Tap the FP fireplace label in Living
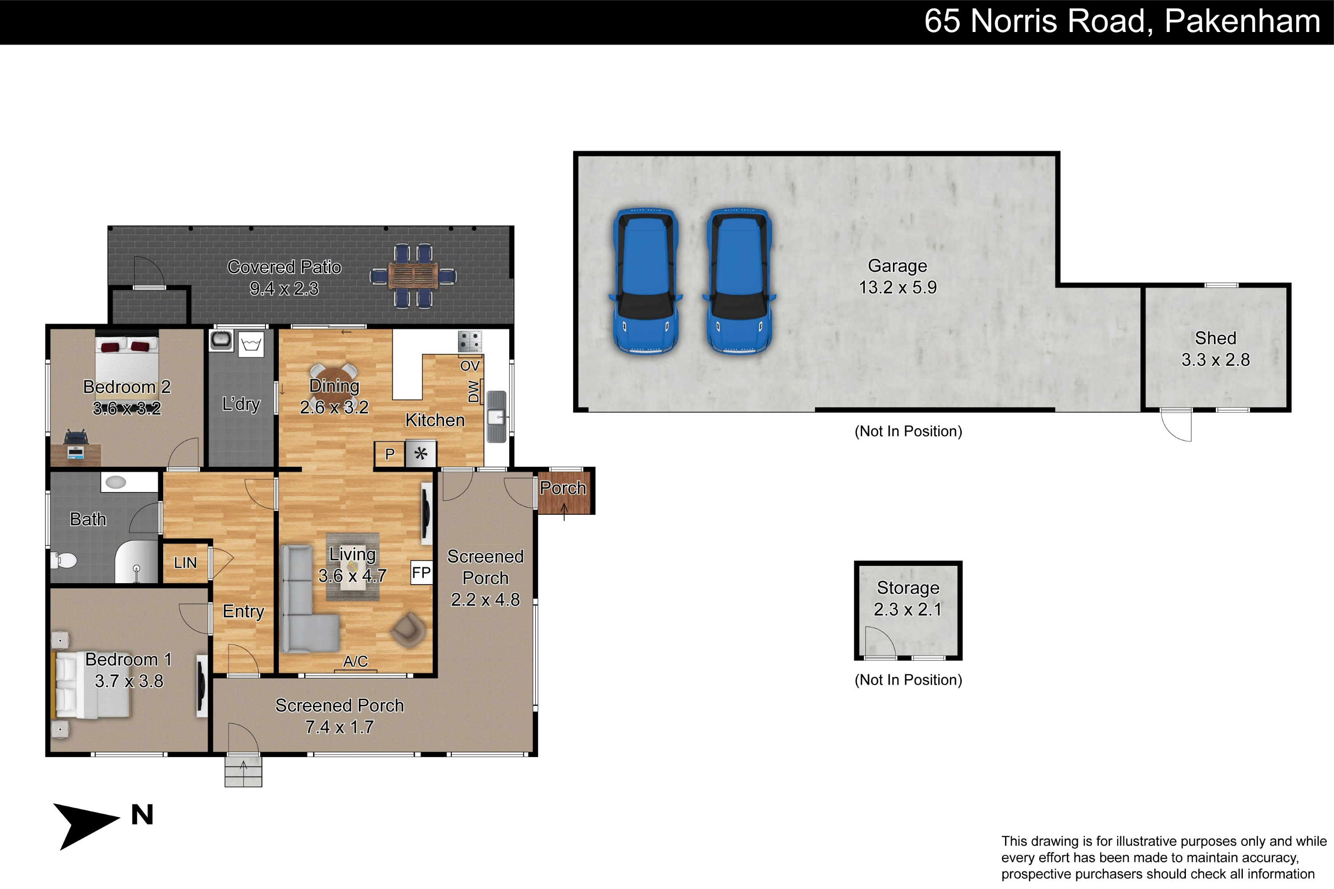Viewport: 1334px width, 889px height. tap(421, 573)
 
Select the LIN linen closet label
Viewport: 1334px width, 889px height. tap(185, 563)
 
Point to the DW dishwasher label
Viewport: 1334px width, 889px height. tap(474, 391)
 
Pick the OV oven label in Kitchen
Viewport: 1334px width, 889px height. tap(470, 366)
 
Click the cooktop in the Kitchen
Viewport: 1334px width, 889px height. tap(470, 341)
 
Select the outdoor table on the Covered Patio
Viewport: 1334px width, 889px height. tap(414, 276)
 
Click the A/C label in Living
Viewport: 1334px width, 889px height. tap(356, 661)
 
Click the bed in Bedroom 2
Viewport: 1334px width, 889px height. tap(126, 357)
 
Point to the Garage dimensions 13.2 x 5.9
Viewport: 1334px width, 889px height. tap(897, 288)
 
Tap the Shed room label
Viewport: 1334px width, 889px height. tap(1215, 338)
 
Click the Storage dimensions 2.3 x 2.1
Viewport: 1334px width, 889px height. tap(908, 609)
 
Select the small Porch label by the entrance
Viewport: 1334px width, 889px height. tap(563, 488)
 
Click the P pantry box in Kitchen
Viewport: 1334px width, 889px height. tap(390, 454)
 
